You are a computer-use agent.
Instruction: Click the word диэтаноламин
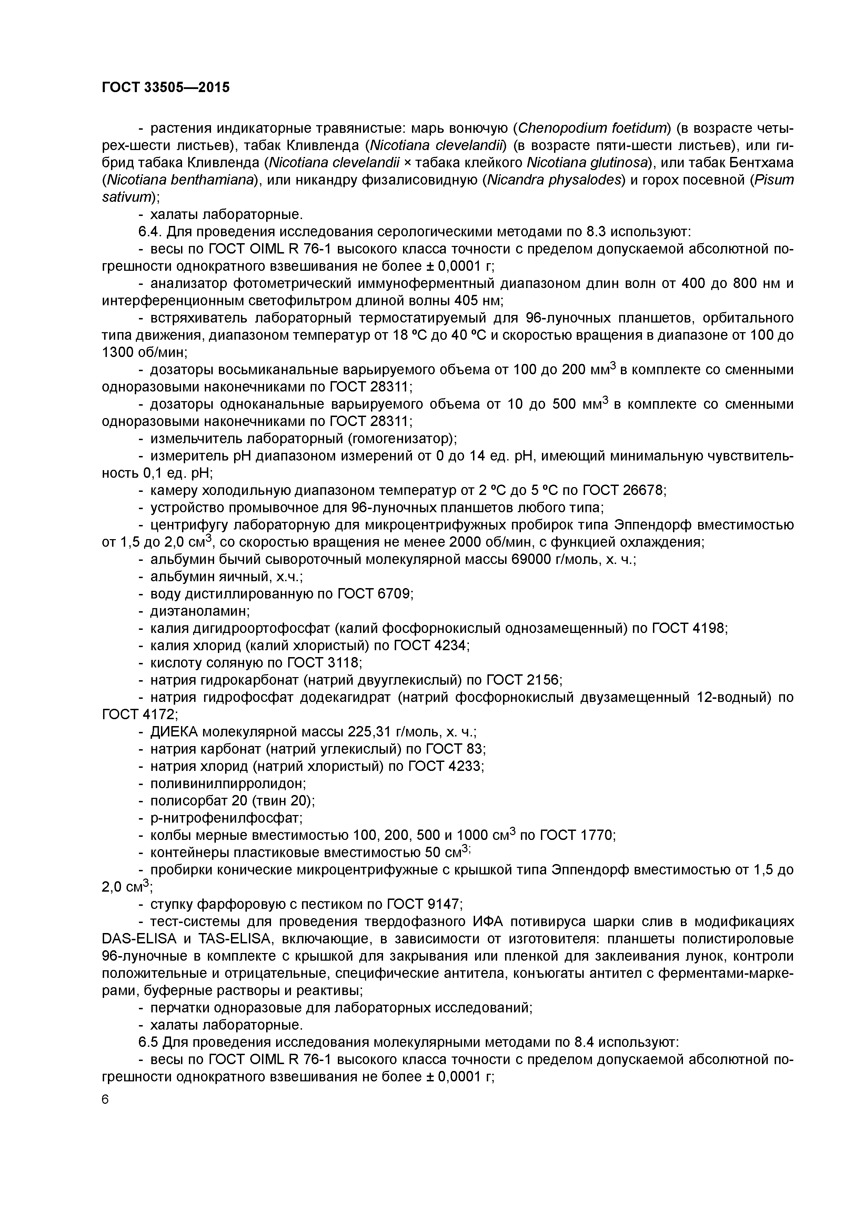tap(199, 611)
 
